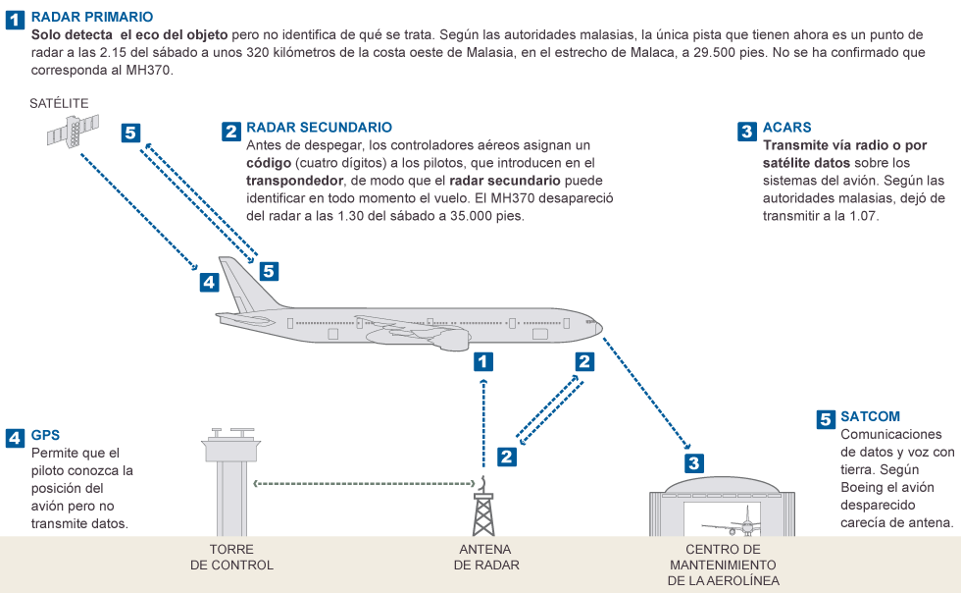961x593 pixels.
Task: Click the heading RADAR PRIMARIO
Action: [x=92, y=18]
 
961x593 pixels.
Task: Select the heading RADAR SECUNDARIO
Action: [x=319, y=127]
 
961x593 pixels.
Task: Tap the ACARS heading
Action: [x=786, y=127]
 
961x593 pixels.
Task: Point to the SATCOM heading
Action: [x=870, y=416]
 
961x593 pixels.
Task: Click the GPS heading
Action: [x=45, y=435]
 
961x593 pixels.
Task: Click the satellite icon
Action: [x=73, y=131]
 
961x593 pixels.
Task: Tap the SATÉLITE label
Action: [x=59, y=103]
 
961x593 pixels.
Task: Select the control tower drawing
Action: [x=231, y=482]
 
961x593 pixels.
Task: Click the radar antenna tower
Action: [x=483, y=507]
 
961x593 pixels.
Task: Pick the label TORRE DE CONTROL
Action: [x=231, y=557]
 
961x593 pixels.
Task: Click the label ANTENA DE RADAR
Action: [x=486, y=557]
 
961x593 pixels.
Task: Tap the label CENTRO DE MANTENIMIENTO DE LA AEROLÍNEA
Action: [x=724, y=565]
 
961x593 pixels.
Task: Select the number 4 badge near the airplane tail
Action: [x=209, y=282]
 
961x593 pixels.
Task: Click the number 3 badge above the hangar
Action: [x=694, y=462]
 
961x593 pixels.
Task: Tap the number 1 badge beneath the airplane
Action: [x=482, y=361]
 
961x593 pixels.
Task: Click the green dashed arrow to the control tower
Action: [x=364, y=484]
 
